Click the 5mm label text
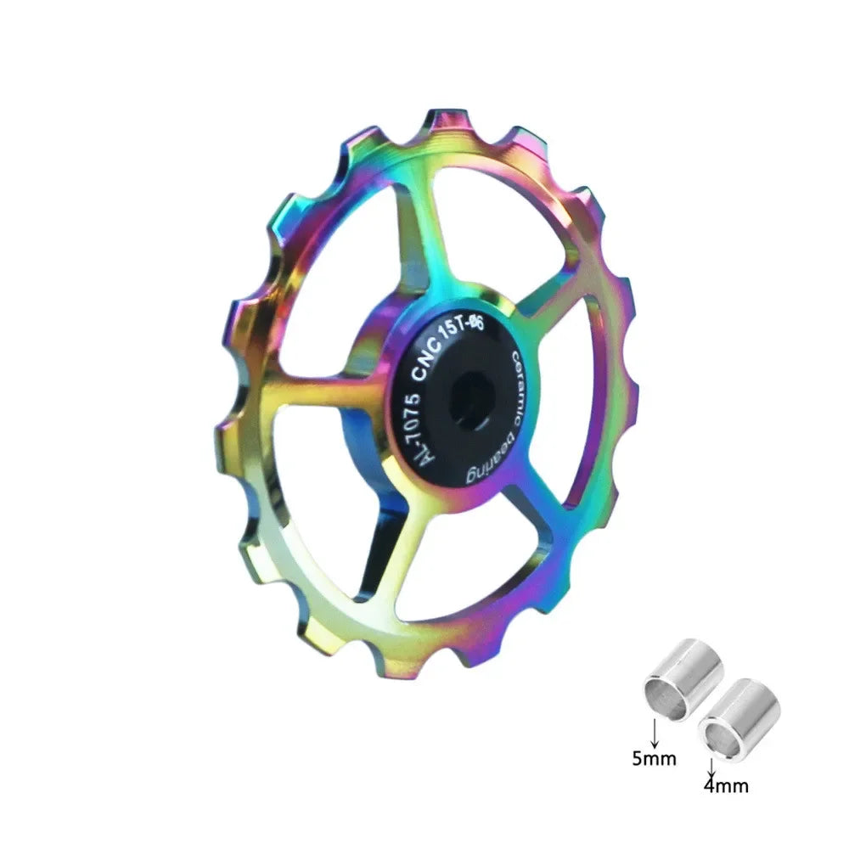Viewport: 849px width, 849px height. point(654,758)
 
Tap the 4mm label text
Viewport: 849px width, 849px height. point(726,785)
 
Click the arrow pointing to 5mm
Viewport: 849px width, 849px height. point(655,732)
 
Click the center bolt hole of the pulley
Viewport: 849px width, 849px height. point(469,399)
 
